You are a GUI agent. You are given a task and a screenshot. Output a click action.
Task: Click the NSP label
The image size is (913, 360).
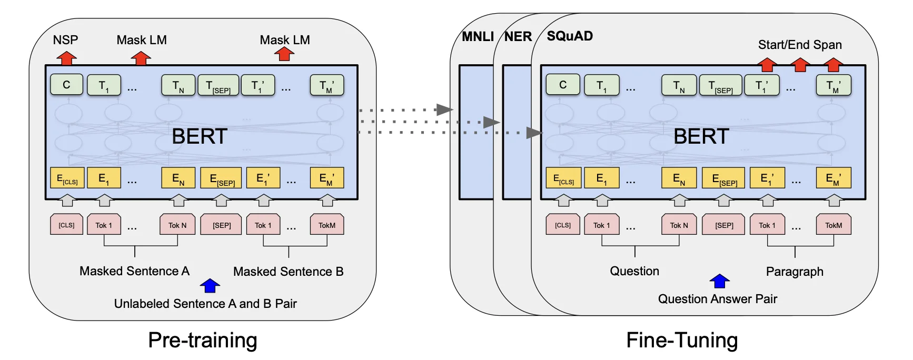pyautogui.click(x=65, y=40)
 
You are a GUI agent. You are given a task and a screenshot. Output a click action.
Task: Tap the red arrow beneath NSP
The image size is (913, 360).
pyautogui.click(x=66, y=58)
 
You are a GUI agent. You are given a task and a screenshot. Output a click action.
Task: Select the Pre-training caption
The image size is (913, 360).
pyautogui.click(x=203, y=340)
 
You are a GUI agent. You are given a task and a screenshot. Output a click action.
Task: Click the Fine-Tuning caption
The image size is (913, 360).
pyautogui.click(x=682, y=340)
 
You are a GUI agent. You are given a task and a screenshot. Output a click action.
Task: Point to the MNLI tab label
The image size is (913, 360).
pyautogui.click(x=478, y=36)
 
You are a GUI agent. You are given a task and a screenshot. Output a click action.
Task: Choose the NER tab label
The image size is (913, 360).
pyautogui.click(x=518, y=36)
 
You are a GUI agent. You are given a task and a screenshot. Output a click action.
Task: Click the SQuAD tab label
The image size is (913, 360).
pyautogui.click(x=570, y=36)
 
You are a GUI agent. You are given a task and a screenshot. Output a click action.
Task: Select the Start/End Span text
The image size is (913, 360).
pyautogui.click(x=800, y=45)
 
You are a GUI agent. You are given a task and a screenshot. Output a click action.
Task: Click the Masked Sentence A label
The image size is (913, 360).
pyautogui.click(x=134, y=271)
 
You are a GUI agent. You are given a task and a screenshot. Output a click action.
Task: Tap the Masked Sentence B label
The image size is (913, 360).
pyautogui.click(x=288, y=272)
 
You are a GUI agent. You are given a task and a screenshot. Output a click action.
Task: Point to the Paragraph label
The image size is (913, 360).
pyautogui.click(x=795, y=272)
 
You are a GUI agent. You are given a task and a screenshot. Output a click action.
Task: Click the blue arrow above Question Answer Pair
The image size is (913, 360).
pyautogui.click(x=719, y=281)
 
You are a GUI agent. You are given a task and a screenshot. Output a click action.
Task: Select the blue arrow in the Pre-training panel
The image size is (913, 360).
pyautogui.click(x=210, y=285)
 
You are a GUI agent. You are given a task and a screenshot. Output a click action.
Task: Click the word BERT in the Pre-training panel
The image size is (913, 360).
pyautogui.click(x=200, y=136)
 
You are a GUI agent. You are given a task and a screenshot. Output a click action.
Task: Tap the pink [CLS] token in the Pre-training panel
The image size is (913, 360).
pyautogui.click(x=66, y=225)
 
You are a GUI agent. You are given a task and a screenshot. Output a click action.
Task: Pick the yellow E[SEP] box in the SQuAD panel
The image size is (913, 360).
pyautogui.click(x=724, y=178)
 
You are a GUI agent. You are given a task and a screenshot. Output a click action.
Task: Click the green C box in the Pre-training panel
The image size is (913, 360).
pyautogui.click(x=66, y=85)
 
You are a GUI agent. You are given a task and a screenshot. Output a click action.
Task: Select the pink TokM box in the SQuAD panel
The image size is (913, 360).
pyautogui.click(x=833, y=225)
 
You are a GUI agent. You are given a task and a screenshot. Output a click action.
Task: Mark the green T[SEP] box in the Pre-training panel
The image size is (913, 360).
pyautogui.click(x=218, y=85)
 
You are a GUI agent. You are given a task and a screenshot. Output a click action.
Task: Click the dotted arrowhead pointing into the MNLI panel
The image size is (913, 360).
pyautogui.click(x=445, y=109)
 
